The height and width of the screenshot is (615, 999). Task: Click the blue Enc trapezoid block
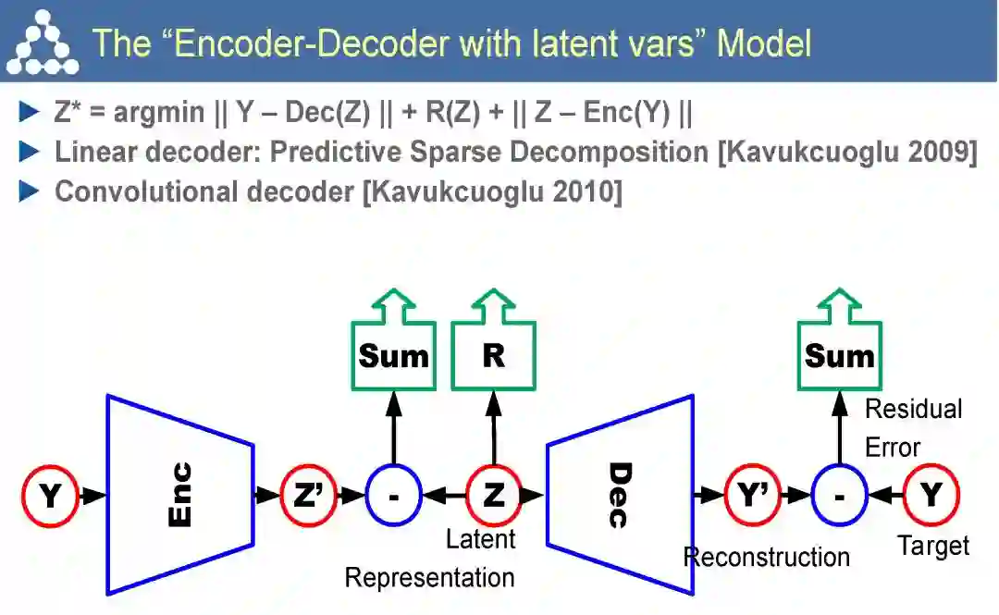click(180, 495)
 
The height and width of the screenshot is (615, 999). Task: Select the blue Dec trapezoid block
click(620, 495)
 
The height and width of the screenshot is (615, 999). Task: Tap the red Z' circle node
click(308, 495)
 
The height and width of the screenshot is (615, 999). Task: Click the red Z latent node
click(493, 495)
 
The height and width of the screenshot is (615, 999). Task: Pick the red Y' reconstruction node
click(752, 495)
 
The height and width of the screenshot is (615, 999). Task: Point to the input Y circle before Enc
click(50, 495)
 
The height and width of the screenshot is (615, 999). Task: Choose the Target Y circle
click(931, 495)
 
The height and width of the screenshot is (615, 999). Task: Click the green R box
click(493, 356)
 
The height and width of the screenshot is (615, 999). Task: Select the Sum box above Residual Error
click(839, 356)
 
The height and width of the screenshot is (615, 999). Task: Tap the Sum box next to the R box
click(393, 356)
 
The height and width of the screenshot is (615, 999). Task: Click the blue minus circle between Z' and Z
click(393, 495)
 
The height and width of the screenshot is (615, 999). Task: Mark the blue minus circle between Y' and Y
click(839, 495)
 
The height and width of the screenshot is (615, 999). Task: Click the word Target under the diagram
click(934, 546)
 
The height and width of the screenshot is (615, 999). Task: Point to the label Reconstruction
click(766, 557)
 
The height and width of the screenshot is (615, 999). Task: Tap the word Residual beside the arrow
click(913, 409)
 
